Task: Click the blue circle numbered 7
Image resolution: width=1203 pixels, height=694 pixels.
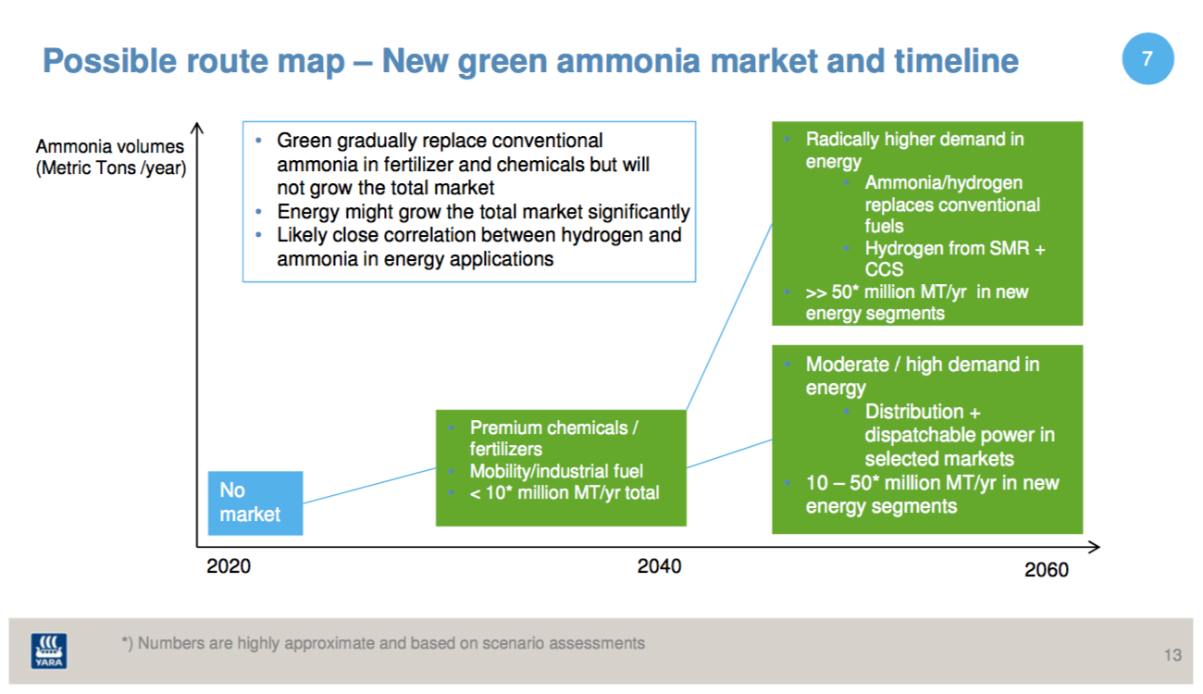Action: coord(1147,58)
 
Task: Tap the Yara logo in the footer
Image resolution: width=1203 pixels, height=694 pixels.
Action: coord(49,651)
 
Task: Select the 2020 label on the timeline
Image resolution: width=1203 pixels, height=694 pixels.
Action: coord(229,566)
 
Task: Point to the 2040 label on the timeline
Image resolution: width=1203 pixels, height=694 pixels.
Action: coord(659,566)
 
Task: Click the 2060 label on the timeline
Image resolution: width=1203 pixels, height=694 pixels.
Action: coord(1047,569)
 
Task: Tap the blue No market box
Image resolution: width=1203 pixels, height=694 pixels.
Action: coord(255,502)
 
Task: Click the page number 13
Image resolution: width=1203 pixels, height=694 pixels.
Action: coord(1172,655)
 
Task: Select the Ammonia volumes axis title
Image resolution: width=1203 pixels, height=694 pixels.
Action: coord(111,157)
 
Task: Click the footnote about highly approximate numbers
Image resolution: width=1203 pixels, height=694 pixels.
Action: coord(383,643)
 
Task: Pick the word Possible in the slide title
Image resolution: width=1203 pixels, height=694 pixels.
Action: coord(109,61)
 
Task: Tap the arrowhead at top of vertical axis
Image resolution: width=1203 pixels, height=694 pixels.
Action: coord(197,128)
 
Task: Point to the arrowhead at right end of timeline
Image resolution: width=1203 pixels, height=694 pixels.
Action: coord(1095,547)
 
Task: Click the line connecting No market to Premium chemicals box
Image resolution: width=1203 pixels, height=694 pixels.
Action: coord(369,486)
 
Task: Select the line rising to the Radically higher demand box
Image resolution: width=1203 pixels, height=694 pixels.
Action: coord(729,316)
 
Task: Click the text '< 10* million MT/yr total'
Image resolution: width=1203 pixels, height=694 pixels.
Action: coord(564,492)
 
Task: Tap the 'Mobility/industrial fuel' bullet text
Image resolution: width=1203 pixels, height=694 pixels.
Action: coord(556,471)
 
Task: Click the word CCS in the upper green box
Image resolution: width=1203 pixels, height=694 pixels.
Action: coord(884,269)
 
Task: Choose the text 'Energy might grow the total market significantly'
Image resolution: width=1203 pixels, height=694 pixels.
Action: coord(483,212)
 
